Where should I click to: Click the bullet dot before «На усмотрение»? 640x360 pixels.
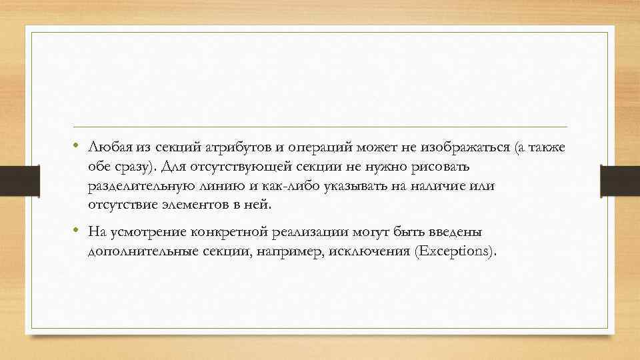click(x=77, y=231)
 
